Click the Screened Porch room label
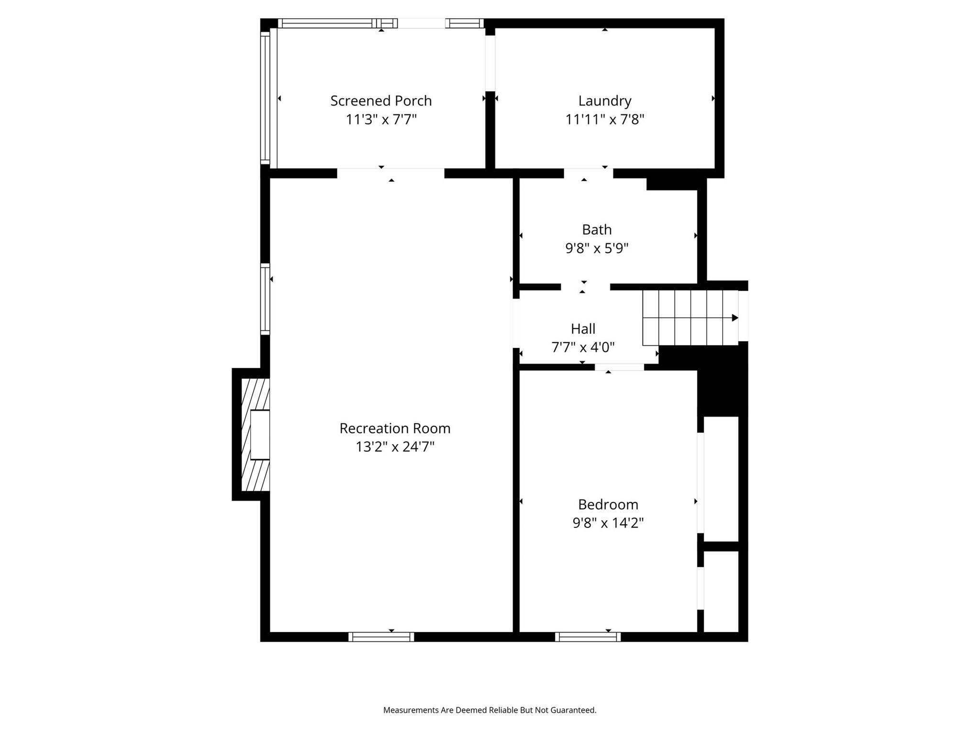pyautogui.click(x=381, y=101)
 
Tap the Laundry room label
pyautogui.click(x=605, y=101)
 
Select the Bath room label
pyautogui.click(x=597, y=230)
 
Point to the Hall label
pyautogui.click(x=583, y=329)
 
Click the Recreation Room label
pyautogui.click(x=395, y=428)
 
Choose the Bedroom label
pyautogui.click(x=608, y=504)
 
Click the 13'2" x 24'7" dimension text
pyautogui.click(x=395, y=446)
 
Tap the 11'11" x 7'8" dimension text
pyautogui.click(x=605, y=119)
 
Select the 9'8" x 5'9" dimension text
pyautogui.click(x=597, y=248)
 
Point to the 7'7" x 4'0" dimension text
pyautogui.click(x=583, y=347)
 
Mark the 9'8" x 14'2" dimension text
pyautogui.click(x=608, y=523)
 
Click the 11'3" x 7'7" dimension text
pyautogui.click(x=381, y=119)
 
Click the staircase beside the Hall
pyautogui.click(x=690, y=318)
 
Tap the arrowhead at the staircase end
pyautogui.click(x=735, y=318)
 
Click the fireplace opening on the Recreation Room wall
pyautogui.click(x=260, y=434)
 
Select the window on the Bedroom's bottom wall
pyautogui.click(x=588, y=637)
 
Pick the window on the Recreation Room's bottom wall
pyautogui.click(x=381, y=637)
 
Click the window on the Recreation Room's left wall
pyautogui.click(x=265, y=299)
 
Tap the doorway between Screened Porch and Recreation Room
pyautogui.click(x=390, y=173)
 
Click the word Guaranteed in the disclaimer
pyautogui.click(x=573, y=710)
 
